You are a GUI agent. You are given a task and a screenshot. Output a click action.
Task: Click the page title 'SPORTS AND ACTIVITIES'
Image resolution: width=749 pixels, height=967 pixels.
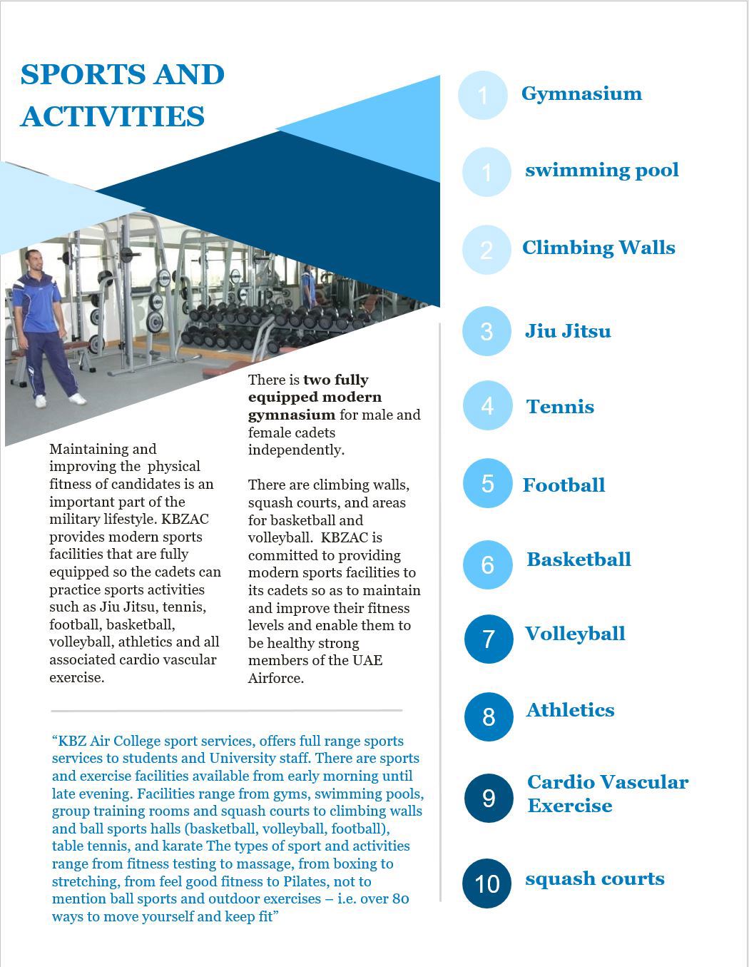(122, 95)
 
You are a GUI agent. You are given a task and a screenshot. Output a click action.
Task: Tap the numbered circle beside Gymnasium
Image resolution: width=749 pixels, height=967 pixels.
(483, 95)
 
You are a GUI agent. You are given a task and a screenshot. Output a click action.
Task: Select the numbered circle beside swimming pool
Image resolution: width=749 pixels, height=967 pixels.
(486, 172)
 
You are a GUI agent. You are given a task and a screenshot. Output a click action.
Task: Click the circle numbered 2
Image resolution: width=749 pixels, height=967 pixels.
(486, 250)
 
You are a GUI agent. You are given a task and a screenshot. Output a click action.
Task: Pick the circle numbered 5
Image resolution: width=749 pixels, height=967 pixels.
(487, 484)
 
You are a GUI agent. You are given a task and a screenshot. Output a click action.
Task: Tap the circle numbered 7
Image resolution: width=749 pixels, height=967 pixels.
(489, 639)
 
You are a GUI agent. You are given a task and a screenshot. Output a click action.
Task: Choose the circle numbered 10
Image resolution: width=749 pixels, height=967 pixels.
(487, 884)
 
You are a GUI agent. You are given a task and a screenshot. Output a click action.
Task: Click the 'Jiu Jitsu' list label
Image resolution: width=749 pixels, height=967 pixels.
(568, 331)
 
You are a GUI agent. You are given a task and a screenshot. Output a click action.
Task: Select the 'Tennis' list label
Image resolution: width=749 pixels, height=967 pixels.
(560, 407)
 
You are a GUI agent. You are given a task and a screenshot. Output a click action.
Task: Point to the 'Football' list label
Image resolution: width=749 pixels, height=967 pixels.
(564, 485)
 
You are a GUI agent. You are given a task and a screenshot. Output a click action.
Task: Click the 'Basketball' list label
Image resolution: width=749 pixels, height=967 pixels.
(579, 560)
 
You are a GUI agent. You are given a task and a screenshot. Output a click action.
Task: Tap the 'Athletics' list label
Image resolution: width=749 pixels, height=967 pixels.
(570, 710)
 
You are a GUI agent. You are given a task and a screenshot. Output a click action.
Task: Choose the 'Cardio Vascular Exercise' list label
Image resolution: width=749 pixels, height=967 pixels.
(607, 794)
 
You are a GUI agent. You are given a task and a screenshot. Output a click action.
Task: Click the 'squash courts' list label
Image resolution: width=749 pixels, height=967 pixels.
(594, 879)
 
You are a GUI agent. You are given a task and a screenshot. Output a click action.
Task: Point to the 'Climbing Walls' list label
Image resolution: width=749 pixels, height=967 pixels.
(598, 248)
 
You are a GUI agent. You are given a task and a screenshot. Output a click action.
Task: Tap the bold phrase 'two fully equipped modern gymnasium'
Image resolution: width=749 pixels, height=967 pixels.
(315, 398)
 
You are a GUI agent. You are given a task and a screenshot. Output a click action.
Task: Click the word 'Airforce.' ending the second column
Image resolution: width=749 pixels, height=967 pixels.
(276, 678)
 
